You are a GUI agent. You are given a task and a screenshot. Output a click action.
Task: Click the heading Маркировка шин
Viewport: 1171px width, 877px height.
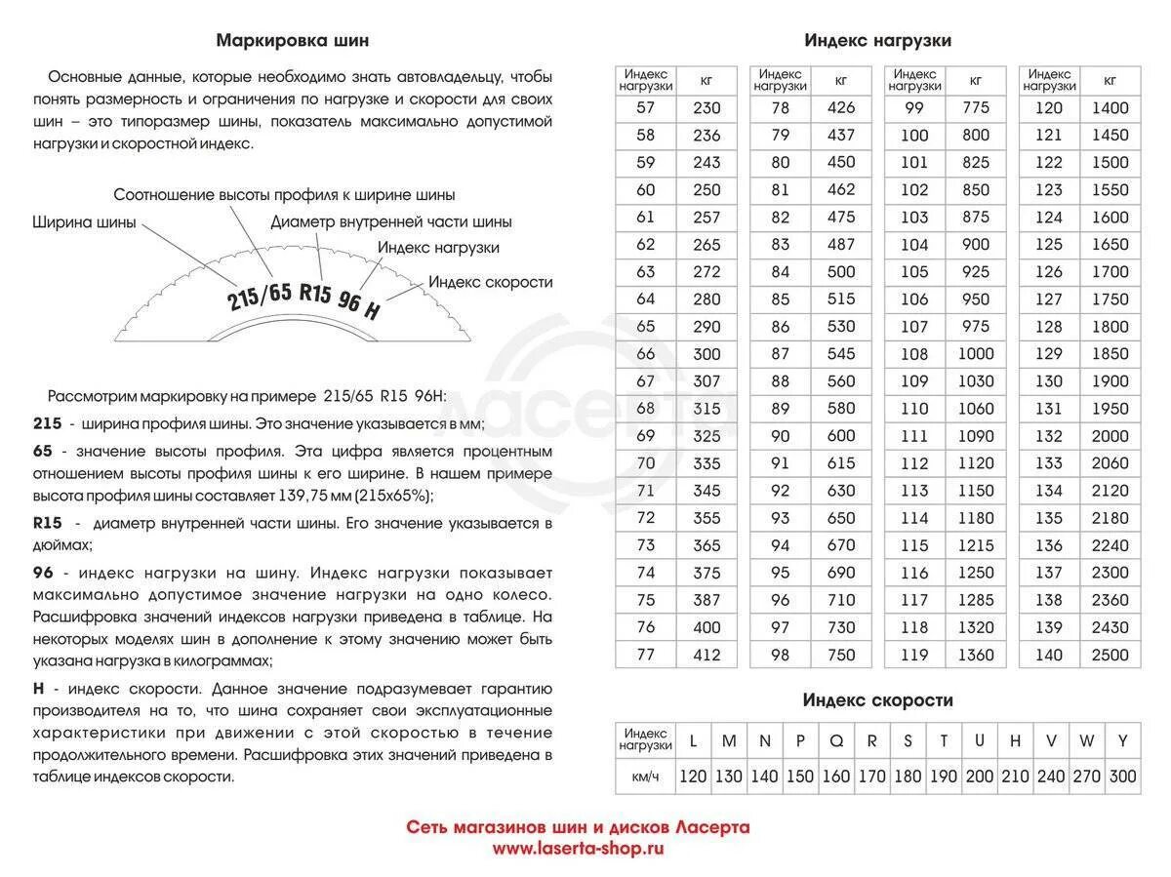pyautogui.click(x=292, y=41)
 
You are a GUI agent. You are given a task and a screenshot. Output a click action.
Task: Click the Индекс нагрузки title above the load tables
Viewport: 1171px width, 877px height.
pyautogui.click(x=877, y=41)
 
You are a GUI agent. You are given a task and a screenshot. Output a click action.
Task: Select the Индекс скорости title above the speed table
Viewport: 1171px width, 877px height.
pyautogui.click(x=877, y=700)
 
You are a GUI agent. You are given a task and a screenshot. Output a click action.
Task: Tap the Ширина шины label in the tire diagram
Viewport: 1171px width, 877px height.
pyautogui.click(x=84, y=221)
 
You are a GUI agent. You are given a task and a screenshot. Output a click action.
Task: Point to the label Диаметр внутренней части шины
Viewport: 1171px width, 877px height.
pyautogui.click(x=391, y=222)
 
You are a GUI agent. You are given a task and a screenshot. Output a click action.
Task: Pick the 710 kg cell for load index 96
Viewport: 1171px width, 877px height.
pyautogui.click(x=840, y=600)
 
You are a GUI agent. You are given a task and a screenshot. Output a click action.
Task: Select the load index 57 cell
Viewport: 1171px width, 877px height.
pyautogui.click(x=645, y=108)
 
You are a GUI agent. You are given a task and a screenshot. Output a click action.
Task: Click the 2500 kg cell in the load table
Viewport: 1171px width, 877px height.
pyautogui.click(x=1110, y=655)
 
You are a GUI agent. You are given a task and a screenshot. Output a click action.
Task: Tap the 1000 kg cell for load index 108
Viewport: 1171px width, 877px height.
pyautogui.click(x=975, y=354)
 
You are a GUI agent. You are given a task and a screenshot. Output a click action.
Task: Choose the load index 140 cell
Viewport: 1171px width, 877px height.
pyautogui.click(x=1048, y=655)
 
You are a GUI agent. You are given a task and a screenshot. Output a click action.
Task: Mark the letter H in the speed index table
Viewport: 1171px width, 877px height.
pyautogui.click(x=1015, y=741)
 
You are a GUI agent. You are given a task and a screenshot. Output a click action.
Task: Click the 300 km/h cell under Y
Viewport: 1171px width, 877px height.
pyautogui.click(x=1123, y=777)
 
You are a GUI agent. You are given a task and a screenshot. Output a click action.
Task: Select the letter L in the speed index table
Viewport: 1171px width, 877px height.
pyautogui.click(x=693, y=741)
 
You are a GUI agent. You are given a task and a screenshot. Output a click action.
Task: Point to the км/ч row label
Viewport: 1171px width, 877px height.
pyautogui.click(x=645, y=777)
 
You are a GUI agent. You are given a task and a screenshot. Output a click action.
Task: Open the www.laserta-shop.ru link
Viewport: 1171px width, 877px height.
pyautogui.click(x=578, y=849)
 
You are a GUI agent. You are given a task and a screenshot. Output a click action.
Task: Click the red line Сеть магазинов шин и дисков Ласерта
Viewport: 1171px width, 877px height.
pyautogui.click(x=578, y=827)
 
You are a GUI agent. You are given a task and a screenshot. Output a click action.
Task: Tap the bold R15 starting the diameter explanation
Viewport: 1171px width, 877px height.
pyautogui.click(x=48, y=524)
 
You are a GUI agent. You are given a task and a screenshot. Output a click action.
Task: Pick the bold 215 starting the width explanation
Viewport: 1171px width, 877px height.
pyautogui.click(x=47, y=423)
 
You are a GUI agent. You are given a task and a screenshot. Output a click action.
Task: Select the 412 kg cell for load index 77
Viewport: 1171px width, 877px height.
pyautogui.click(x=706, y=655)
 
